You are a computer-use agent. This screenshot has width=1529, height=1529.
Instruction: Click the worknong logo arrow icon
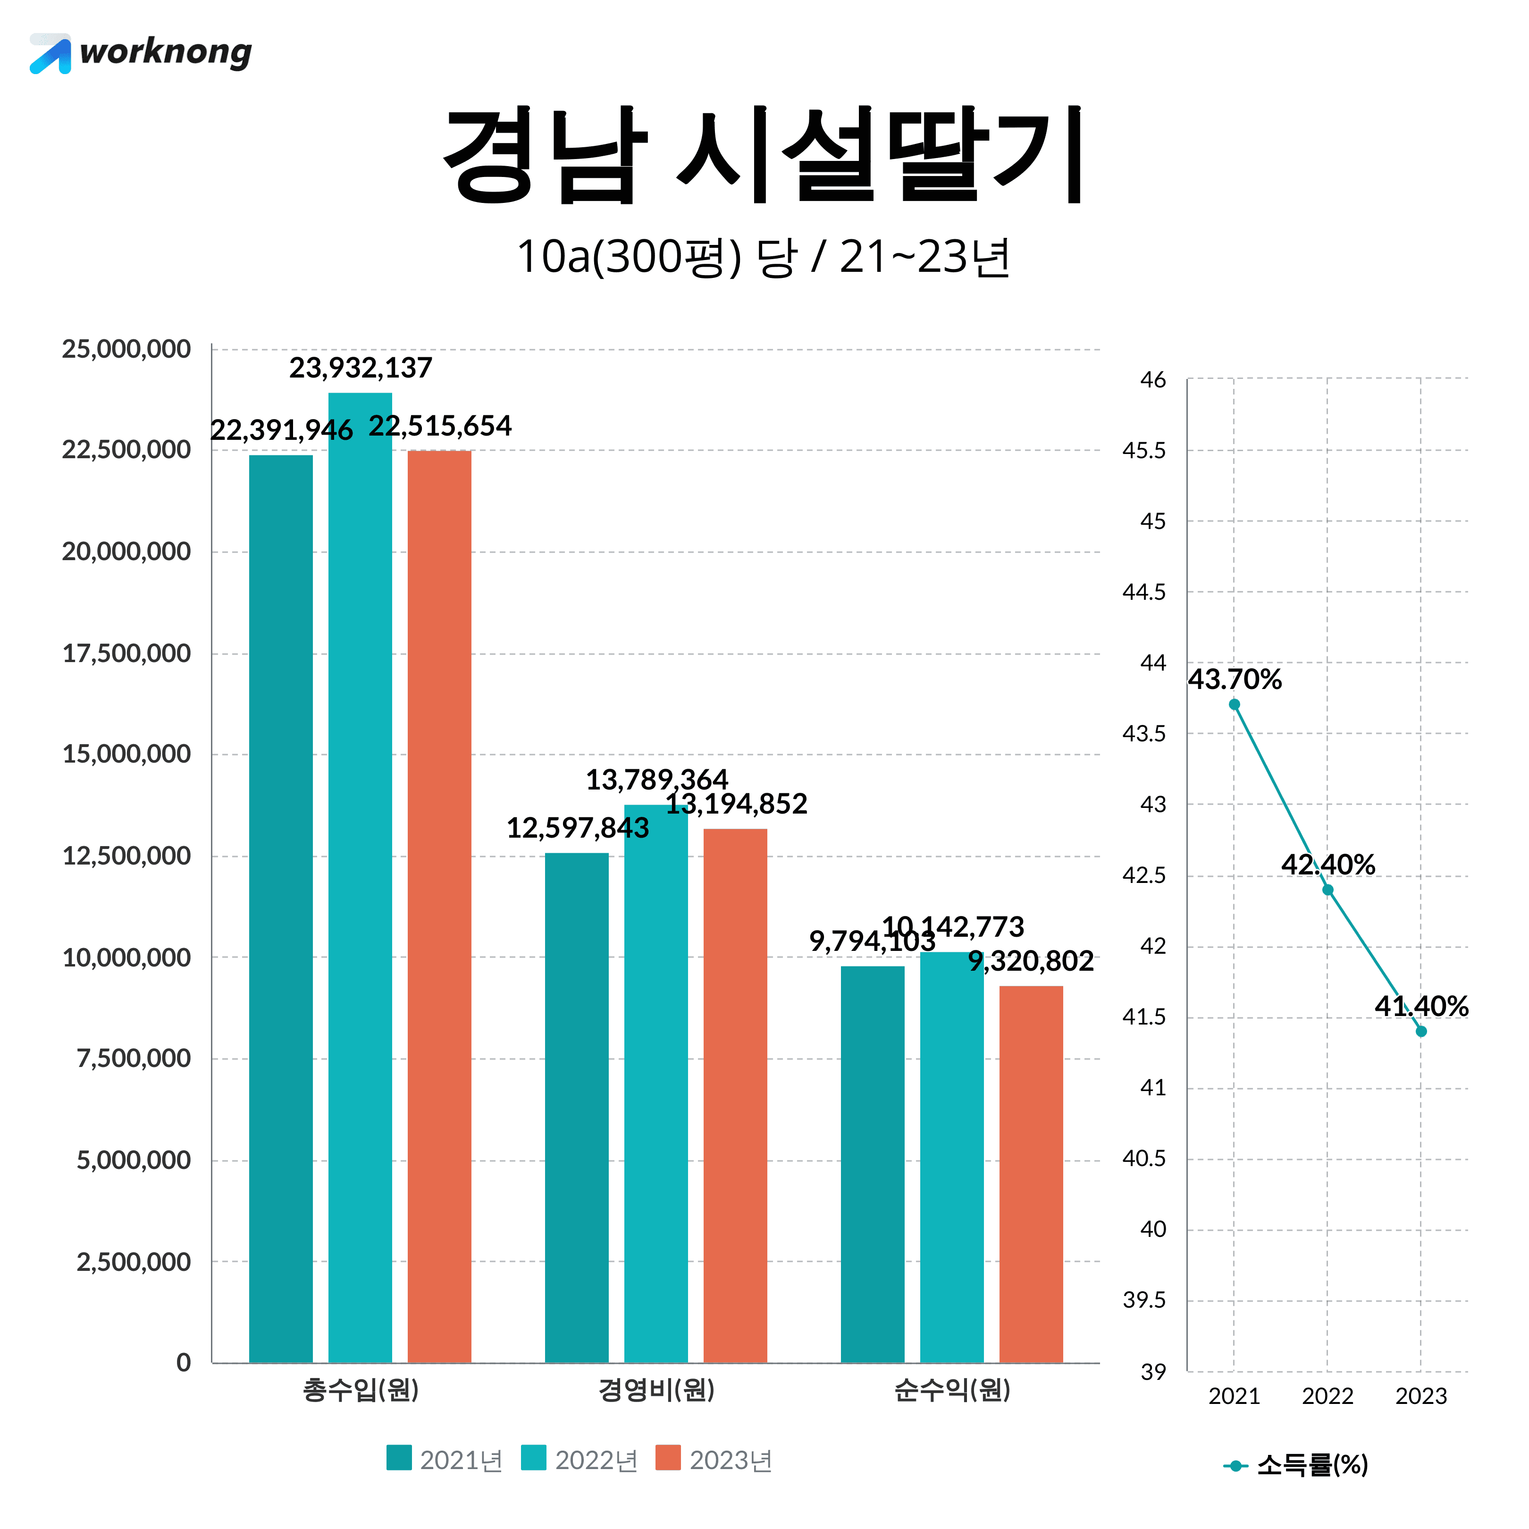click(x=50, y=55)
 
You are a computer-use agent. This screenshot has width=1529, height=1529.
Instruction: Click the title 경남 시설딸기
click(x=763, y=155)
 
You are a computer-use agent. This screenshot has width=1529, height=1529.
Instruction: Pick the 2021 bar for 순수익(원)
click(x=872, y=1163)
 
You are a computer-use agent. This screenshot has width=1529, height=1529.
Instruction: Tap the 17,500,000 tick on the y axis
click(x=126, y=654)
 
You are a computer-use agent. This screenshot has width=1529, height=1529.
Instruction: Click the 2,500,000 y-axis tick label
click(x=133, y=1261)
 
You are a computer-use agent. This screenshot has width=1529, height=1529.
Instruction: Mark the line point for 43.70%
click(x=1234, y=705)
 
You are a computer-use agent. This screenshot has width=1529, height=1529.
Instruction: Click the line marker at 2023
click(x=1421, y=1031)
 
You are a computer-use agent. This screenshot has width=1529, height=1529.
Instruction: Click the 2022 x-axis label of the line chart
click(x=1327, y=1396)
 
